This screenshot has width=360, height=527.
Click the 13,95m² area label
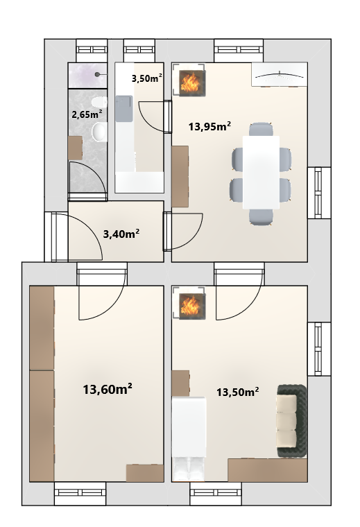pyautogui.click(x=209, y=127)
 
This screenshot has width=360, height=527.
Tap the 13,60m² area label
pyautogui.click(x=108, y=390)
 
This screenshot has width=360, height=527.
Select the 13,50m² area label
pyautogui.click(x=238, y=392)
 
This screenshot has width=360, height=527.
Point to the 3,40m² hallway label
pyautogui.click(x=121, y=234)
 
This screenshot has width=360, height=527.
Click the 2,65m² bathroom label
pyautogui.click(x=87, y=114)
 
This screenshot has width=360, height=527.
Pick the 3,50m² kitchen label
pyautogui.click(x=147, y=78)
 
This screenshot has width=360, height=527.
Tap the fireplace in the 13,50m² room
pyautogui.click(x=192, y=306)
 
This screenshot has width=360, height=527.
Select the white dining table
pyautogui.click(x=262, y=173)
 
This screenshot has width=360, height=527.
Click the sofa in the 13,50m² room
pyautogui.click(x=292, y=421)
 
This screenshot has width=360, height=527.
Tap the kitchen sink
pyautogui.click(x=124, y=108)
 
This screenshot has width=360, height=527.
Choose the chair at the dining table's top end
pyautogui.click(x=262, y=130)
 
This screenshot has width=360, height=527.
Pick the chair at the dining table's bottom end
pyautogui.click(x=262, y=217)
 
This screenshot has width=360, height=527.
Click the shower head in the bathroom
pyautogui.click(x=98, y=74)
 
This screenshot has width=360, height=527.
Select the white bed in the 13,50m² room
pyautogui.click(x=189, y=439)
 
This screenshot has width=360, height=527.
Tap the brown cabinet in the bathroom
pyautogui.click(x=76, y=148)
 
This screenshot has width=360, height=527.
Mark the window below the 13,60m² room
pyautogui.click(x=80, y=493)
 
